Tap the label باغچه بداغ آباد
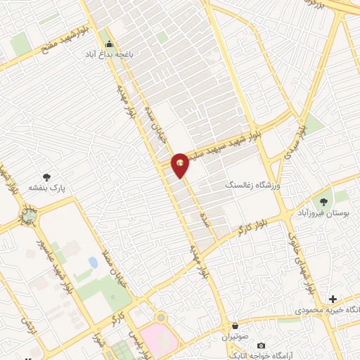coord(110,54)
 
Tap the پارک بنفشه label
coord(47,188)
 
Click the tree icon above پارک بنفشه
coord(47,178)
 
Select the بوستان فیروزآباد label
coord(323,212)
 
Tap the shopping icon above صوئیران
coord(235,327)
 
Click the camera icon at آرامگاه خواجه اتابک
coord(262,346)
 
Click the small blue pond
coord(94,263)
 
